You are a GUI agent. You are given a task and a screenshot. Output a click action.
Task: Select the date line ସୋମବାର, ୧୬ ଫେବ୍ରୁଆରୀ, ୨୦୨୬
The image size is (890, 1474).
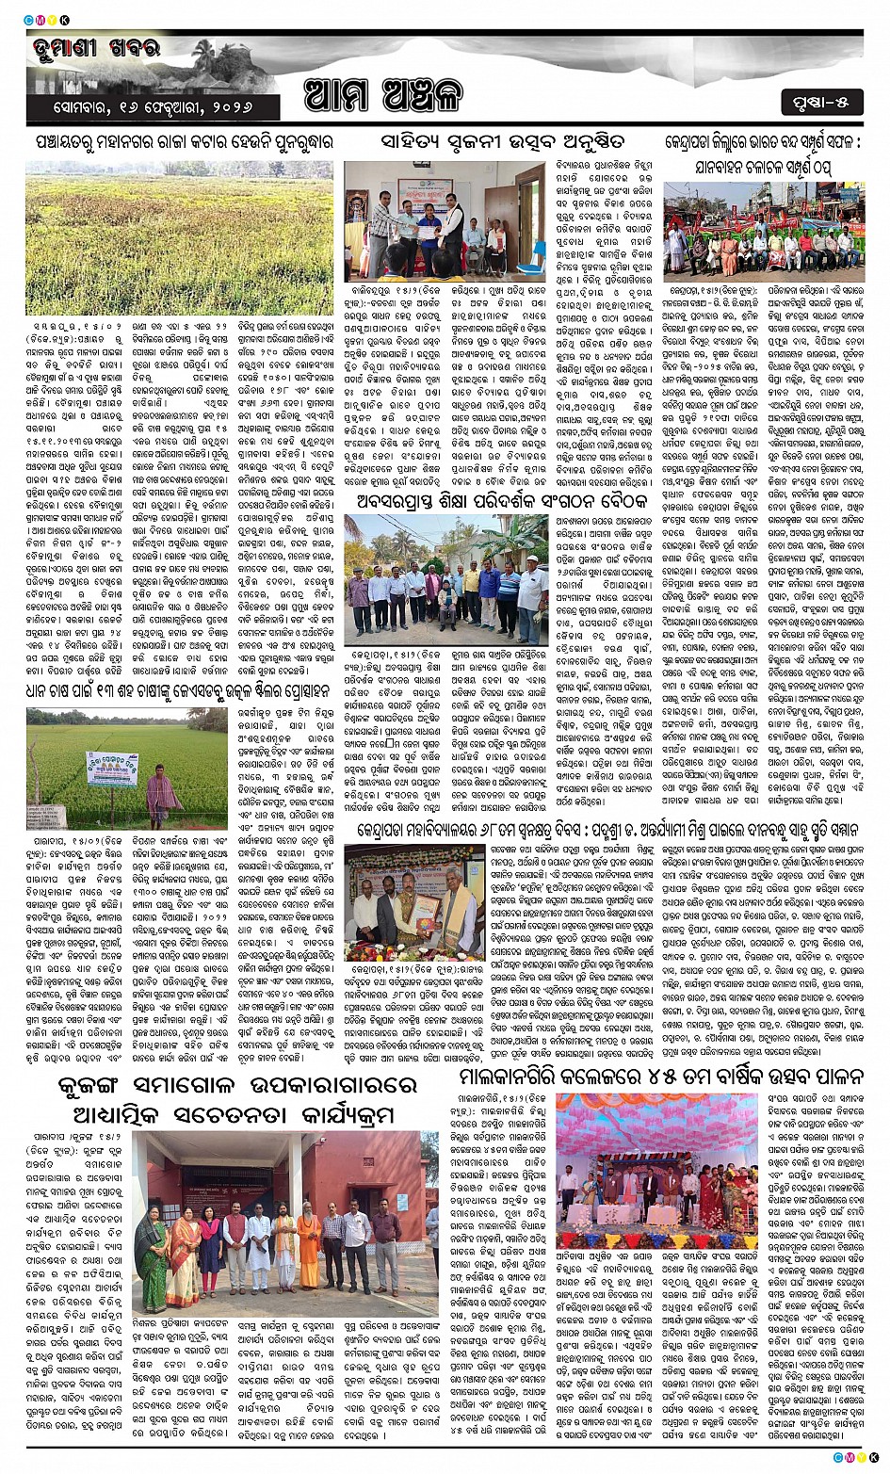(154, 105)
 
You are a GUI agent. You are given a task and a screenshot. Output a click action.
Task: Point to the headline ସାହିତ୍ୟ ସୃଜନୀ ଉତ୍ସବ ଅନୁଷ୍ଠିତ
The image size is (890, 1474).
(490, 142)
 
